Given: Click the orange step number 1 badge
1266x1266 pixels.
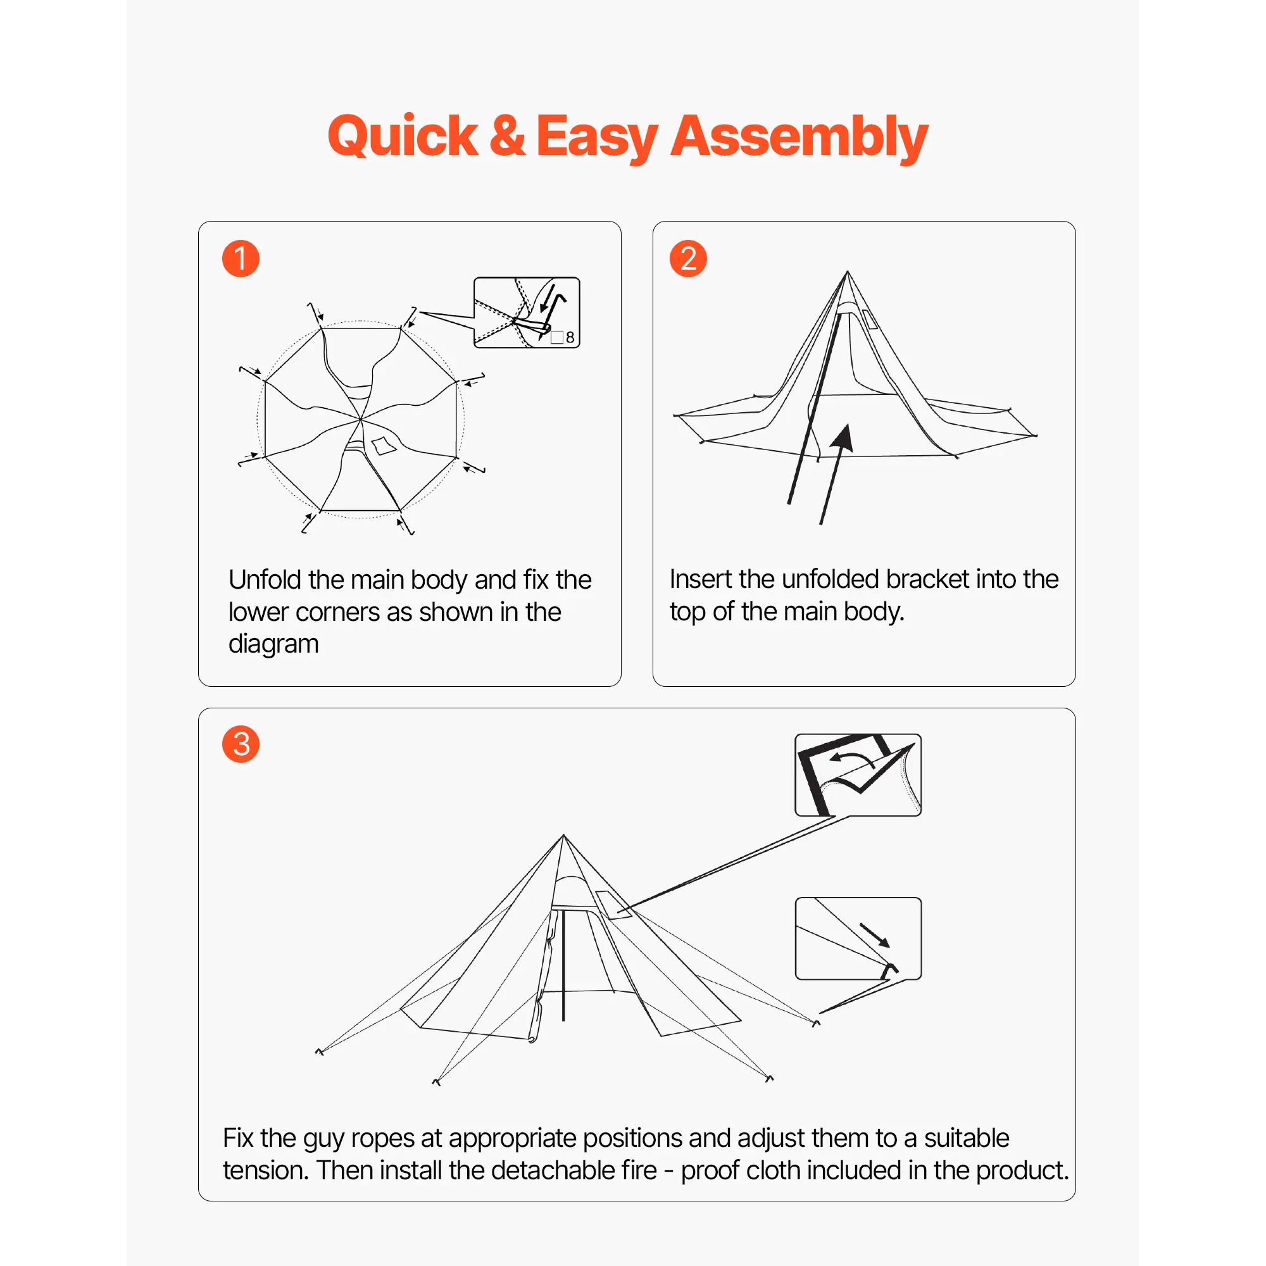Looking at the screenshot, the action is [241, 258].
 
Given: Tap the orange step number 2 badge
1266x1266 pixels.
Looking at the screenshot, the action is [688, 258].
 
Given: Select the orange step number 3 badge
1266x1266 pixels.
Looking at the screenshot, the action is [241, 744].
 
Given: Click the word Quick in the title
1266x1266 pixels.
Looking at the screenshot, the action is [403, 137].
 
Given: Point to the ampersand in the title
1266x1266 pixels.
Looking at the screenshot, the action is [507, 135].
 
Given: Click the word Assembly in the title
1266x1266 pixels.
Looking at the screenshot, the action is [799, 138].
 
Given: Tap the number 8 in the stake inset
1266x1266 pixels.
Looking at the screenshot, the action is [570, 337].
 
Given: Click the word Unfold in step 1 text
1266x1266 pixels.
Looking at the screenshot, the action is [265, 579].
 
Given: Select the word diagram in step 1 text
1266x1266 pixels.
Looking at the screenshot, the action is [273, 644].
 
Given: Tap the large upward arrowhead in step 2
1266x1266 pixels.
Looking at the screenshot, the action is [843, 438].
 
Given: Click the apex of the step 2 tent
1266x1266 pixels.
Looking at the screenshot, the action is [848, 272].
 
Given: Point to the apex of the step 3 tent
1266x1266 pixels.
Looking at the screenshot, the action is [563, 836].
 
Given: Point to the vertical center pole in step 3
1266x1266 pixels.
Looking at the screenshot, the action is [563, 965].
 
